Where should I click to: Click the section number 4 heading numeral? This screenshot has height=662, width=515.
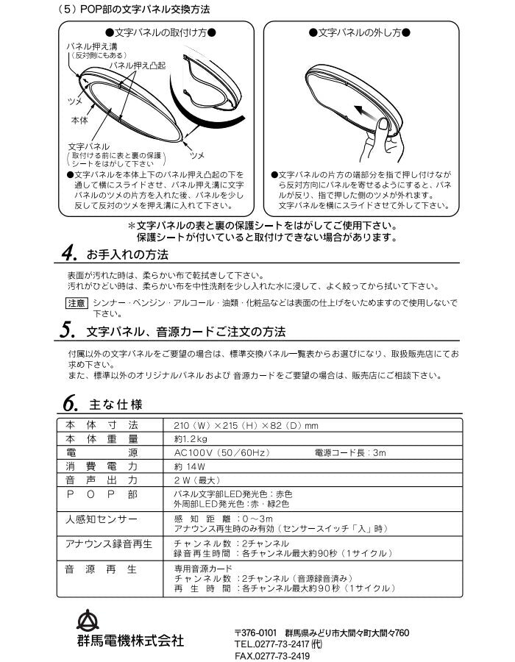(68, 255)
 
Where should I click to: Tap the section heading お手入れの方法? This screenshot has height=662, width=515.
(127, 255)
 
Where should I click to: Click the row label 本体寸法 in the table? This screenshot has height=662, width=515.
(102, 426)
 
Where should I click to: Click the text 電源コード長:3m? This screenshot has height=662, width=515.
(349, 453)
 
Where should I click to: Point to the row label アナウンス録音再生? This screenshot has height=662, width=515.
(107, 544)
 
